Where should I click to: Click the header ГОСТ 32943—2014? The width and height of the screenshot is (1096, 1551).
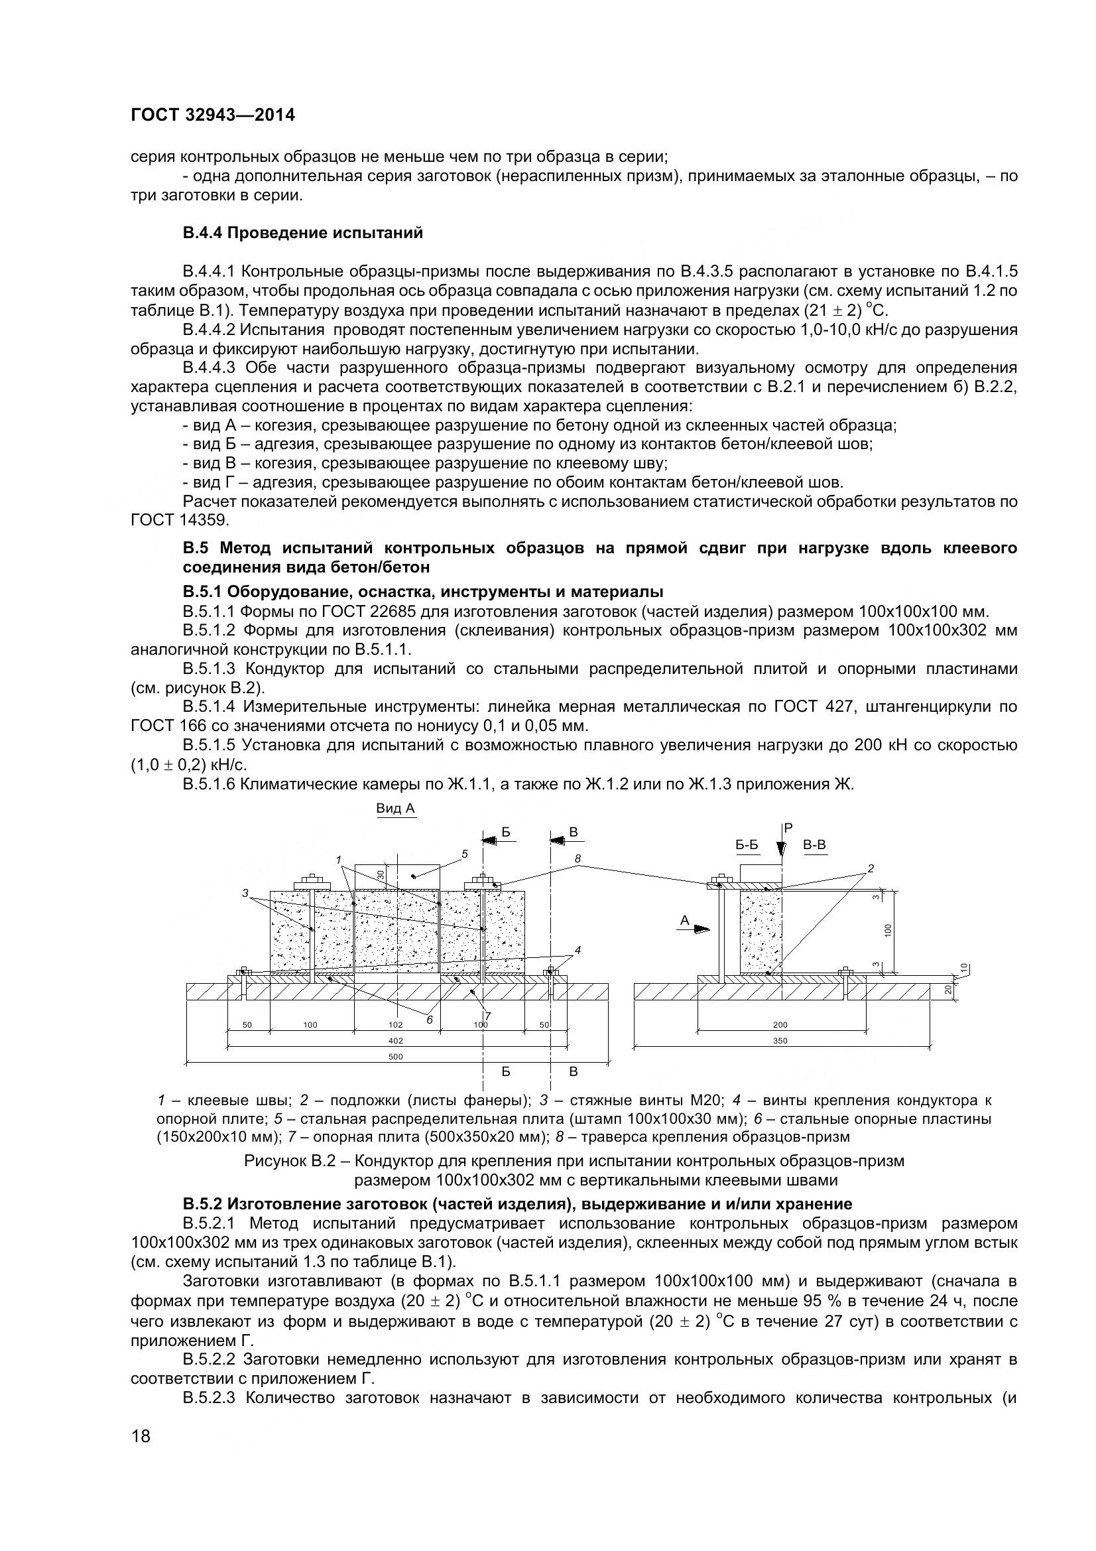pyautogui.click(x=213, y=115)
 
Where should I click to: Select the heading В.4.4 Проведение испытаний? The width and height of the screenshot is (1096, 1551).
pyautogui.click(x=302, y=233)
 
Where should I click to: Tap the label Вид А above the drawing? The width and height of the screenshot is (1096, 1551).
pyautogui.click(x=395, y=809)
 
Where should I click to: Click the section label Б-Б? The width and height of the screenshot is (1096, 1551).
pyautogui.click(x=746, y=845)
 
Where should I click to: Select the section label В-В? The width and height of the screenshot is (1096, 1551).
pyautogui.click(x=814, y=845)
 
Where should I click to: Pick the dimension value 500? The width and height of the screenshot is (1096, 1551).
pyautogui.click(x=396, y=1057)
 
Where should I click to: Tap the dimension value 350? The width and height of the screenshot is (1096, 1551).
pyautogui.click(x=780, y=1041)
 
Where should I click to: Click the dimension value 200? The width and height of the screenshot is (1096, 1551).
pyautogui.click(x=780, y=1025)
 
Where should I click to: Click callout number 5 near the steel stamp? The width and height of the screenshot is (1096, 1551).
pyautogui.click(x=465, y=854)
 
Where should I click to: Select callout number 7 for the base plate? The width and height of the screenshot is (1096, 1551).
pyautogui.click(x=488, y=1016)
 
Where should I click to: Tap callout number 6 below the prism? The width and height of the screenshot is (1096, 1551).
pyautogui.click(x=430, y=1020)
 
